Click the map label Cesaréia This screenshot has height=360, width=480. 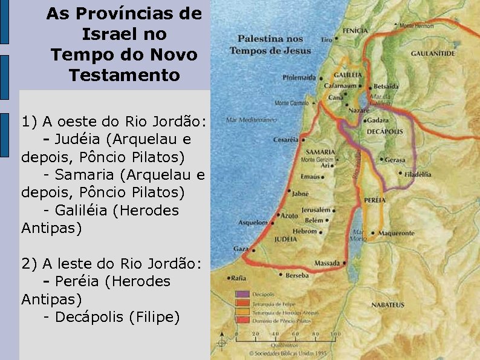coord(286,139)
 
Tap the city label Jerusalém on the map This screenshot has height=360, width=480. coord(316,210)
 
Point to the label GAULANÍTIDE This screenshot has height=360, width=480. coord(433,53)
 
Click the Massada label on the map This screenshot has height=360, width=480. coord(327,263)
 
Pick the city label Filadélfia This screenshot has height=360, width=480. coord(418,174)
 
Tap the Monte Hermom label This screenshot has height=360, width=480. coord(417,25)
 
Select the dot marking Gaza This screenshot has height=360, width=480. coord(250,249)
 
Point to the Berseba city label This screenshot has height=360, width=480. coord(297,275)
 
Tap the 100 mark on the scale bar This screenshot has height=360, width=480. coord(335,333)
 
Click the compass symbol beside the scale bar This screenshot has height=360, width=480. coord(221,343)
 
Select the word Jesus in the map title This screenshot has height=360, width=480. coord(297,51)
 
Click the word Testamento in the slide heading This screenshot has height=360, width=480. coord(124,76)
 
